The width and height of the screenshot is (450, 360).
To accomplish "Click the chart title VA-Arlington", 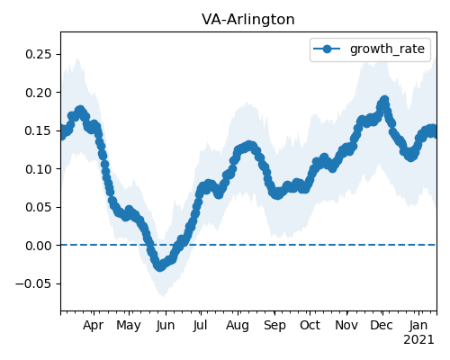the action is [248, 20].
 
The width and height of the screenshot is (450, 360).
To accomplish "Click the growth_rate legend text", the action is [387, 49].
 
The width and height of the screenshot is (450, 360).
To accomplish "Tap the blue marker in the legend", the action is [327, 49].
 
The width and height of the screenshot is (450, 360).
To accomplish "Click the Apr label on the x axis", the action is [94, 326].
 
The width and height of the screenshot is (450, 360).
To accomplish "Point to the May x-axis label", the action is [129, 326].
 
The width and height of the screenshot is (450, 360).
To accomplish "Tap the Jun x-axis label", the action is [166, 326].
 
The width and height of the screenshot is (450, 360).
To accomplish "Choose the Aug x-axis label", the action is [238, 326].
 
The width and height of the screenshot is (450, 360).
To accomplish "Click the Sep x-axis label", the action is [274, 326].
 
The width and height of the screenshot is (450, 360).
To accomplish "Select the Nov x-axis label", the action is [346, 326].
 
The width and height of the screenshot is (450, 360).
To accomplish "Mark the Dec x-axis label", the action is [382, 326].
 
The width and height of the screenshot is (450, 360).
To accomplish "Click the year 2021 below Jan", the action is [418, 340].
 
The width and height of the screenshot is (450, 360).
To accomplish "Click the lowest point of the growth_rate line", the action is [159, 266].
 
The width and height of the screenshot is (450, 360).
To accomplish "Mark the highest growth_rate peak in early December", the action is [384, 100].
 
